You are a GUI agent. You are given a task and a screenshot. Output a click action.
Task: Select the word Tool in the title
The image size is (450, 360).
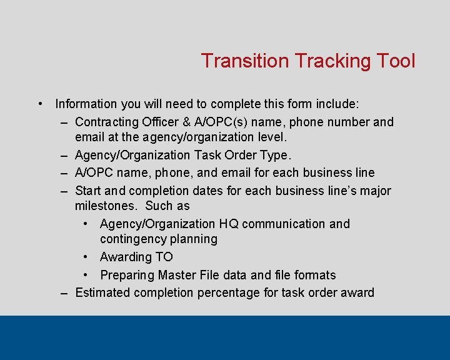pos(396,61)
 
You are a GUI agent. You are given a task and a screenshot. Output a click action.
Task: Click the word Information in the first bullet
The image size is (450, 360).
pos(86,104)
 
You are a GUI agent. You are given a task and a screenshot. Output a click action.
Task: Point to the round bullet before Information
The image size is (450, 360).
pos(40,104)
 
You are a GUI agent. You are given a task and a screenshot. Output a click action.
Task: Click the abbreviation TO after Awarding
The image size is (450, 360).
pos(164,257)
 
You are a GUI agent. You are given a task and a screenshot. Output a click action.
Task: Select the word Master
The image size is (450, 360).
pos(180,275)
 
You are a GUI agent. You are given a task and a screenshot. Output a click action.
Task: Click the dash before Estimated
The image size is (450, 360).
pos(64,292)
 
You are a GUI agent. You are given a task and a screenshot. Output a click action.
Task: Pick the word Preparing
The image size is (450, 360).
pos(127,275)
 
